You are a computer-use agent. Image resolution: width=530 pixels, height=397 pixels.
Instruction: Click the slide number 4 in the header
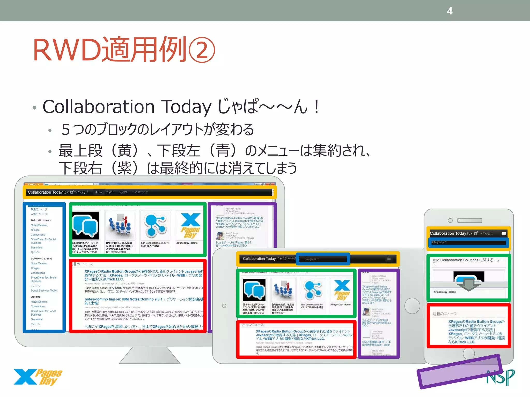tap(450, 11)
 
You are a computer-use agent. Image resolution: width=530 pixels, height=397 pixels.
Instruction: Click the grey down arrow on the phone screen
tap(468, 284)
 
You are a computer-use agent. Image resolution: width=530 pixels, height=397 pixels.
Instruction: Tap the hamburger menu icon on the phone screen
tap(504, 233)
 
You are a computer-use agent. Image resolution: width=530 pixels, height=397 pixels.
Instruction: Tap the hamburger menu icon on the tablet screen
tap(389, 259)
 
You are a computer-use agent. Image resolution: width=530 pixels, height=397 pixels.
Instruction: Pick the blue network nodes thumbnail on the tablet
tap(313, 289)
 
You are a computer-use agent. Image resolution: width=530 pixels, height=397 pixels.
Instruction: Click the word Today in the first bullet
tap(186, 107)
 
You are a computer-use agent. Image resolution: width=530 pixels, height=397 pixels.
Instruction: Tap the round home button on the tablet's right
tap(412, 306)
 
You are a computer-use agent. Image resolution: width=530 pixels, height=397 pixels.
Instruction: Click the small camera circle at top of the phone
tap(450, 220)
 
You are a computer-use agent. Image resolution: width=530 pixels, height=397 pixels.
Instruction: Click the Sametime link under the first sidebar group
tap(37, 248)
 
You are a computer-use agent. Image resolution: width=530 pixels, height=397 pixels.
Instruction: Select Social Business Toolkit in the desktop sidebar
tap(44, 291)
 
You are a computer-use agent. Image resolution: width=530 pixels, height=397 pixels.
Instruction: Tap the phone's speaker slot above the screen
tap(470, 220)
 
